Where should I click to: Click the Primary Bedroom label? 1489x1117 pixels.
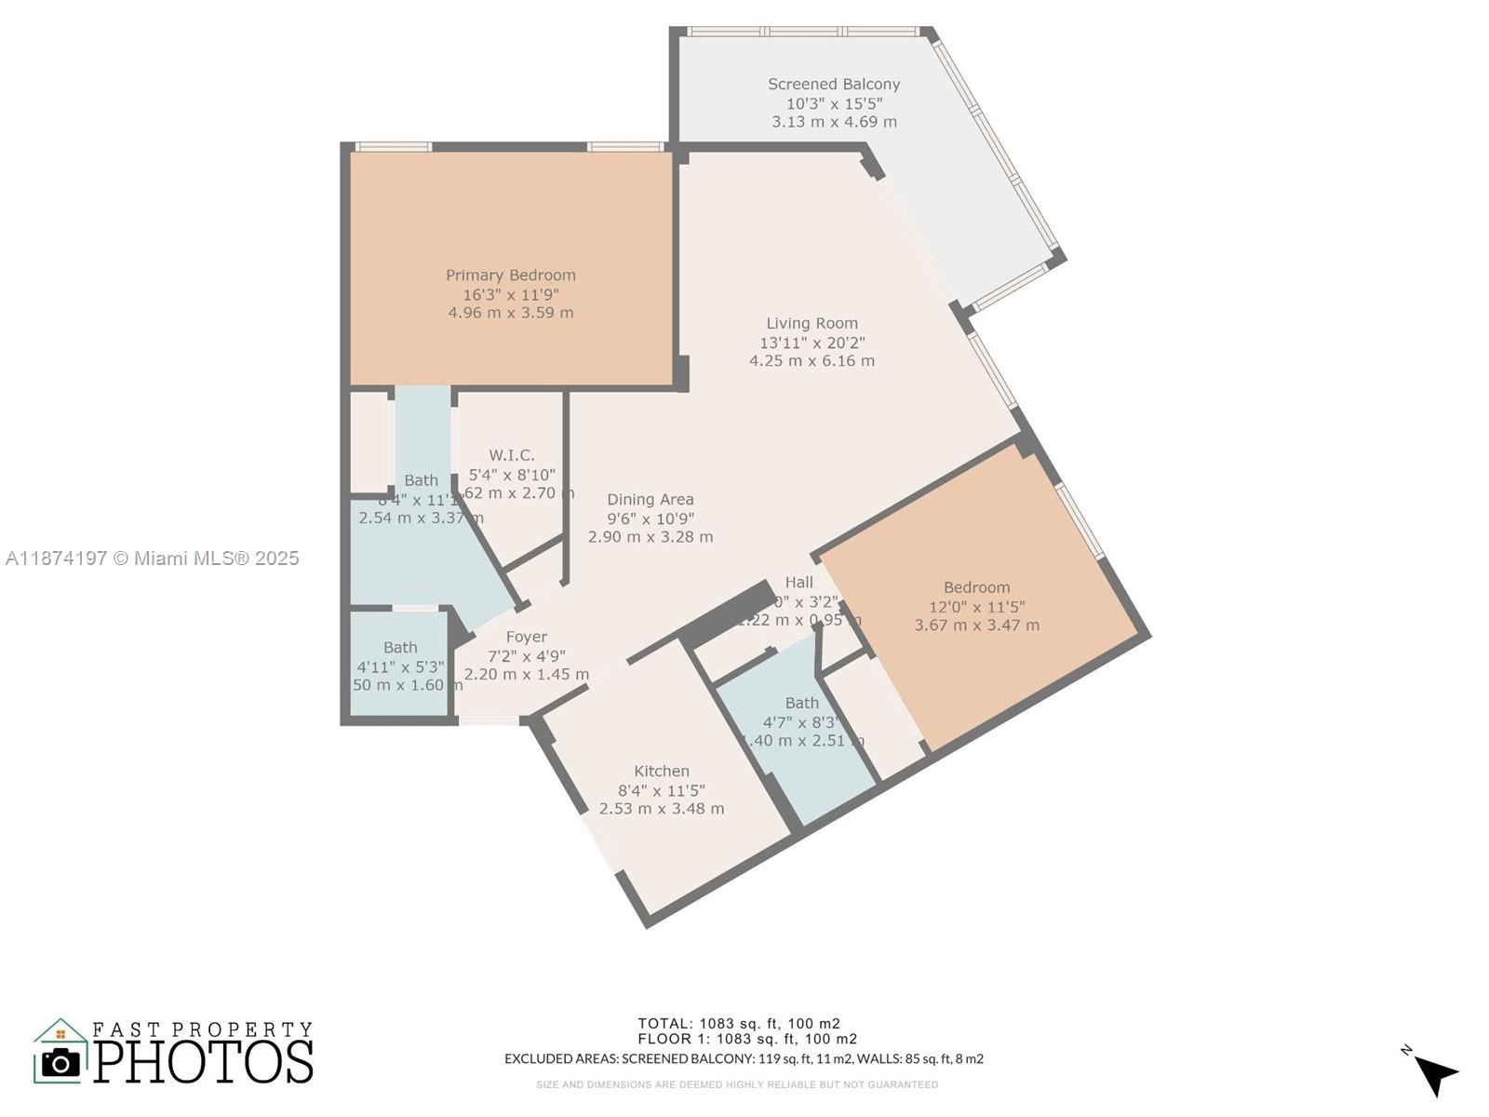510,276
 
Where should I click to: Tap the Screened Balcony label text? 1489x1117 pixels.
834,84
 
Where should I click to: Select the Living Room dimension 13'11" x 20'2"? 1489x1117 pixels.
812,343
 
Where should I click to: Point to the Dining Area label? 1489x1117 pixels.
651,500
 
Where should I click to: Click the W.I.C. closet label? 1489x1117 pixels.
512,455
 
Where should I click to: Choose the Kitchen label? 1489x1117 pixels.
662,772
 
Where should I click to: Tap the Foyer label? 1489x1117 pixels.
527,638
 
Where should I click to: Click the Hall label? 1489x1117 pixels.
798,583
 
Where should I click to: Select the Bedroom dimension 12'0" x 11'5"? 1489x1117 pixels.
977,607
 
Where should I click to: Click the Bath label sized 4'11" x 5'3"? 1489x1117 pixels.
400,648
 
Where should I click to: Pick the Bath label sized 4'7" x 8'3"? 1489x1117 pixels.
801,704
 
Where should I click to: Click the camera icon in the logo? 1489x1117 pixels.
61,1062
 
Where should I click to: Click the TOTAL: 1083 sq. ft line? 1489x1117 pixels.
739,1023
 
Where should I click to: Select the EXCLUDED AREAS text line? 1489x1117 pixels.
744,1058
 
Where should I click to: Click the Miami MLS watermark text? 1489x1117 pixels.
153,558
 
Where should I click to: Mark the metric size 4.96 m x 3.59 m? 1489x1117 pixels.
510,313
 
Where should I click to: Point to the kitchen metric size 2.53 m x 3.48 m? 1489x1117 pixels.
662,809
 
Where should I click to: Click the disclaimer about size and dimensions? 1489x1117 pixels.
736,1084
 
